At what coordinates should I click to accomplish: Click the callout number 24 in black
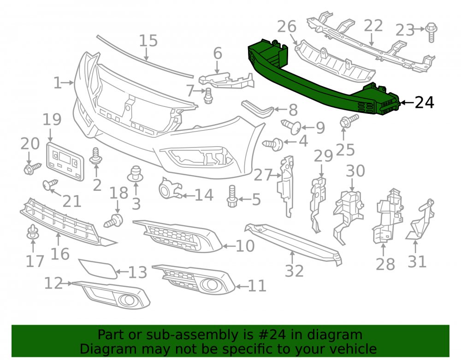[x=424, y=103]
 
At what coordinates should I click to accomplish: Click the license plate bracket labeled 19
[x=65, y=162]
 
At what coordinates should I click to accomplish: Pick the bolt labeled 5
[x=232, y=196]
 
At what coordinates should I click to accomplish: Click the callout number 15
[x=148, y=41]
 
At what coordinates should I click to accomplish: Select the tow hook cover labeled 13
[x=98, y=268]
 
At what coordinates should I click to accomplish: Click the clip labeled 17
[x=33, y=232]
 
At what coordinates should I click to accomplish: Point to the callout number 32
[x=294, y=271]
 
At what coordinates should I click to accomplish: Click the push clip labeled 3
[x=135, y=174]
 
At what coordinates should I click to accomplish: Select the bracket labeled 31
[x=420, y=219]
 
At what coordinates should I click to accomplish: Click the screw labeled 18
[x=114, y=221]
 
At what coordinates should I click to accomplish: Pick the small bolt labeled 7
[x=208, y=95]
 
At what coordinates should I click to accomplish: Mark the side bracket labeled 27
[x=285, y=186]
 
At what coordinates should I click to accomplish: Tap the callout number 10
[x=245, y=246]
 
